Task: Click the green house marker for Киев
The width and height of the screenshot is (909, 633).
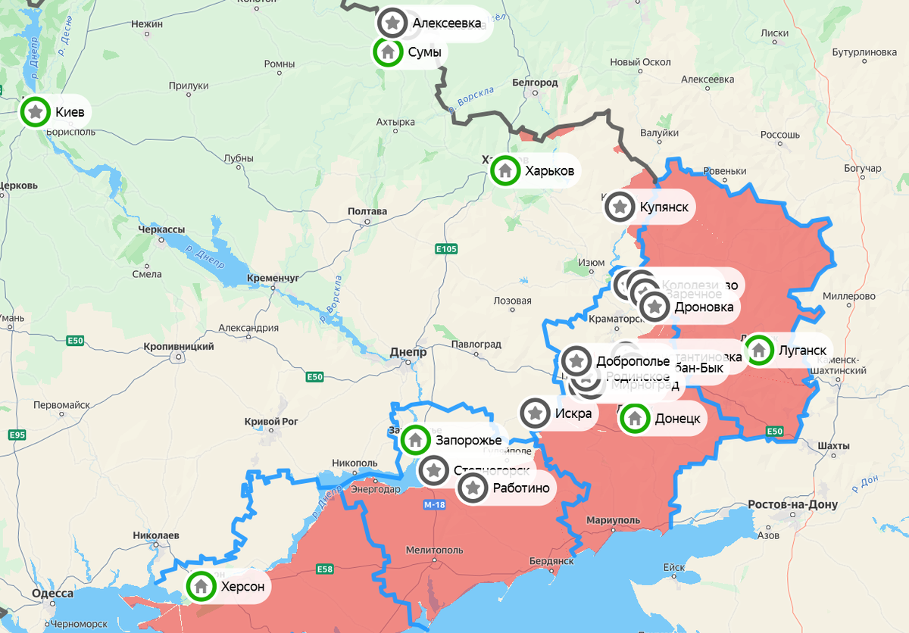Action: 35,113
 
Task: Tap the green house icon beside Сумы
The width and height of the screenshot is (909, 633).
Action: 388,52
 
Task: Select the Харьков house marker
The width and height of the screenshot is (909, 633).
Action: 504,170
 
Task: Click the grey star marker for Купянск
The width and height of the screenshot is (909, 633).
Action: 620,206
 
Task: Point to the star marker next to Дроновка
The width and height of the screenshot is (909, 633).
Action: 655,307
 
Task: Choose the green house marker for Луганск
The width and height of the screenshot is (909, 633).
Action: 758,350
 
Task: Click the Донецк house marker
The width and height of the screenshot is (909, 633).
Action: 635,418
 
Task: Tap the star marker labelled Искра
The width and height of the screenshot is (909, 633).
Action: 536,413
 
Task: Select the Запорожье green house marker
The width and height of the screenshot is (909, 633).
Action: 415,438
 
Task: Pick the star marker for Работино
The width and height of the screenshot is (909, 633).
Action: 473,488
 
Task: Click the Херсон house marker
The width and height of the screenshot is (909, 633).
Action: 201,585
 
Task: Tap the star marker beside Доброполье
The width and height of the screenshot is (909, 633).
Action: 576,360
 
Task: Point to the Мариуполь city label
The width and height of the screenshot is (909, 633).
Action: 613,520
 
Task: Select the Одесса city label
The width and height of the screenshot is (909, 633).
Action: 53,594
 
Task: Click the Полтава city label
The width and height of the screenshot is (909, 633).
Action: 367,211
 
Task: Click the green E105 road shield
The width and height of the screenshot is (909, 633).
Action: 447,248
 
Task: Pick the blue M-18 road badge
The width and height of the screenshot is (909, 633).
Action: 434,505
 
